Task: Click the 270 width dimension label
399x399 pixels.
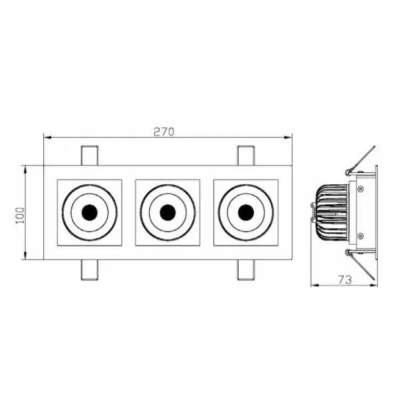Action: [x=164, y=132]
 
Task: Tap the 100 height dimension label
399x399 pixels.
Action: [x=21, y=215]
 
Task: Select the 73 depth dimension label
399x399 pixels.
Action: [x=344, y=280]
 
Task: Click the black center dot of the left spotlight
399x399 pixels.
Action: [x=90, y=213]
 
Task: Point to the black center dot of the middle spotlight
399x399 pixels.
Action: [x=168, y=213]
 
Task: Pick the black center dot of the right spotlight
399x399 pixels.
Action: [x=246, y=213]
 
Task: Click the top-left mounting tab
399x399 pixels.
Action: [x=90, y=156]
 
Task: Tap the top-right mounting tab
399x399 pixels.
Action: [x=246, y=156]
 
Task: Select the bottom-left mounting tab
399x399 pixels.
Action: [x=90, y=270]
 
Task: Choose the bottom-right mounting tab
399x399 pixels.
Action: [x=246, y=270]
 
